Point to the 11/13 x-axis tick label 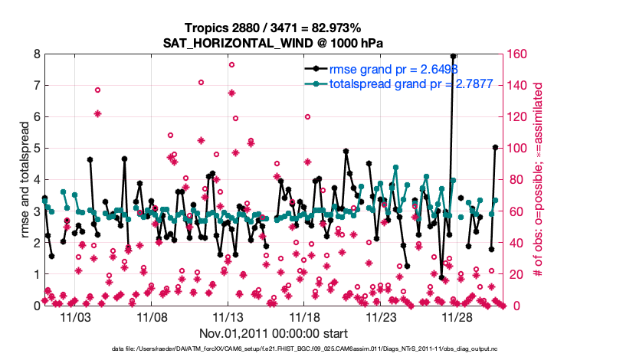(x=228, y=316)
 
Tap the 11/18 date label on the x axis (x=304, y=316)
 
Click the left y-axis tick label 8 (x=36, y=54)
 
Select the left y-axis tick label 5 (x=36, y=149)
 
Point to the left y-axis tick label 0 (x=36, y=306)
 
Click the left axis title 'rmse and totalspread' (x=23, y=180)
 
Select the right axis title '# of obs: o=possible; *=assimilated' (x=539, y=180)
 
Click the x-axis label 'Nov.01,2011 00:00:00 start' (x=274, y=333)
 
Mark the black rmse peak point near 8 (x=454, y=56)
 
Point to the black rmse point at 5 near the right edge (x=495, y=147)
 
